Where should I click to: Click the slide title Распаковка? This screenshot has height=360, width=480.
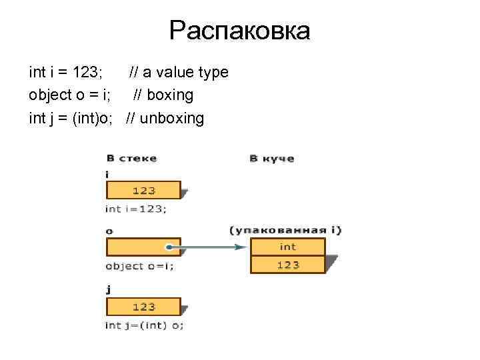click(239, 31)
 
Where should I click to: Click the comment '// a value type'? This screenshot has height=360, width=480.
click(179, 72)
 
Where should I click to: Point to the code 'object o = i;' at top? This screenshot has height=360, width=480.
click(70, 95)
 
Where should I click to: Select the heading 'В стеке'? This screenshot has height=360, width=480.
click(131, 159)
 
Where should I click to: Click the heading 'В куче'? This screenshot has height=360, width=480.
click(271, 159)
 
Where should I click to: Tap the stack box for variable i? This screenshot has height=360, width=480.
click(143, 190)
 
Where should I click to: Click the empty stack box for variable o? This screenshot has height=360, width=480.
click(137, 247)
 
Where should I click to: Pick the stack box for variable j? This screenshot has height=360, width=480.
click(143, 307)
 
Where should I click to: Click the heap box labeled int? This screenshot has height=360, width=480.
click(287, 247)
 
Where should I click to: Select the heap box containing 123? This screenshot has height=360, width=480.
click(287, 265)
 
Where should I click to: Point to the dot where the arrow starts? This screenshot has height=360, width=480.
click(170, 247)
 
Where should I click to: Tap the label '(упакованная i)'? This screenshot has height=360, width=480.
click(285, 230)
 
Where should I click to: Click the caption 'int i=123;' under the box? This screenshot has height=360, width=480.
click(136, 209)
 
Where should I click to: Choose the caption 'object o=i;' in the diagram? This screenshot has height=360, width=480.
click(139, 266)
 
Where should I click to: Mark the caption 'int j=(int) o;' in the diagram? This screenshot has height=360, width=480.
click(145, 325)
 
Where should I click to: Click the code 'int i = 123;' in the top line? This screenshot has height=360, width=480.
click(65, 72)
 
